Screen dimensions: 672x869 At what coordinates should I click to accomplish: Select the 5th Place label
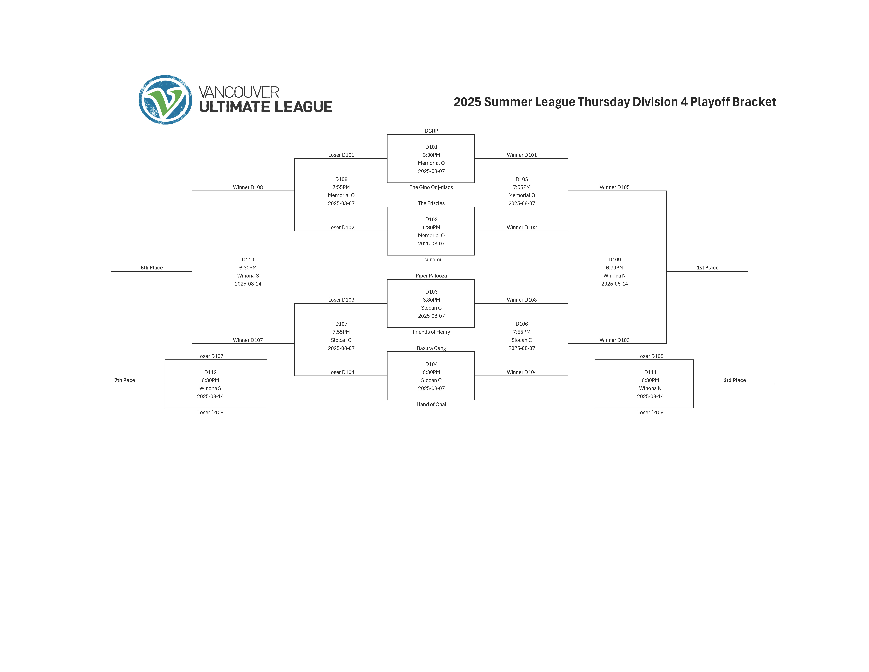[x=152, y=267]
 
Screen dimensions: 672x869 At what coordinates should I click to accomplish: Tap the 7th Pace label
[x=125, y=380]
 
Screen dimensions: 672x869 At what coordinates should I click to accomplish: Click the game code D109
[x=614, y=260]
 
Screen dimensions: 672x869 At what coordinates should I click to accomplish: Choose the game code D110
[x=248, y=260]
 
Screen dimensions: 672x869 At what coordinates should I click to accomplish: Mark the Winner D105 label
[x=614, y=187]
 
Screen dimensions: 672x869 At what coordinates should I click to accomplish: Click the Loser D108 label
[x=210, y=412]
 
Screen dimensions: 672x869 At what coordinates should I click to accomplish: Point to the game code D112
[x=210, y=372]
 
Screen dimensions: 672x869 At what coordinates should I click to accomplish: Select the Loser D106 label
[x=650, y=412]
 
